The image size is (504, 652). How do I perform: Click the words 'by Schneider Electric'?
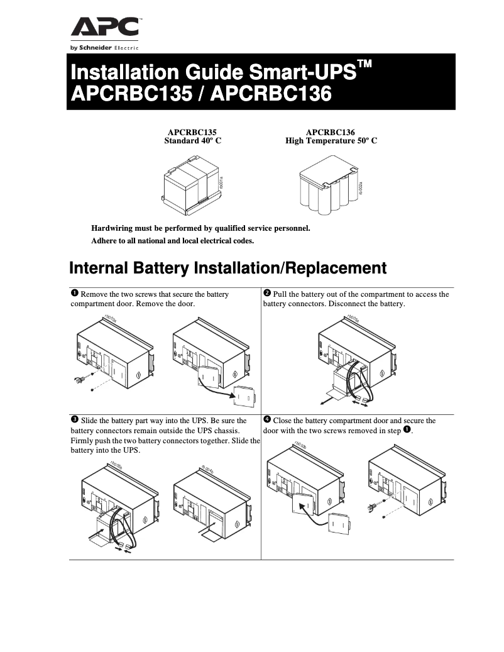pyautogui.click(x=104, y=48)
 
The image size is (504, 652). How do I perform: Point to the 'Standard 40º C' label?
pyautogui.click(x=192, y=141)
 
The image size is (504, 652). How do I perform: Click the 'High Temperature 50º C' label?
pyautogui.click(x=331, y=141)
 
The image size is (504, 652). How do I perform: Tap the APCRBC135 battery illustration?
pyautogui.click(x=190, y=185)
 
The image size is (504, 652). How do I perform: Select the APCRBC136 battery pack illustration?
pyautogui.click(x=329, y=187)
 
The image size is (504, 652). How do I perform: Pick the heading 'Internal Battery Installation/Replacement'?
pyautogui.click(x=227, y=268)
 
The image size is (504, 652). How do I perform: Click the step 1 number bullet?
pyautogui.click(x=74, y=294)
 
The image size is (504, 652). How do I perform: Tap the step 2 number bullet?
pyautogui.click(x=266, y=294)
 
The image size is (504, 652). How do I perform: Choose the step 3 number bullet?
pyautogui.click(x=74, y=419)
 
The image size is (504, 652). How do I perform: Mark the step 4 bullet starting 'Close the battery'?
pyautogui.click(x=266, y=419)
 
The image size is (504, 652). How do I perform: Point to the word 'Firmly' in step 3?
pyautogui.click(x=83, y=441)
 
